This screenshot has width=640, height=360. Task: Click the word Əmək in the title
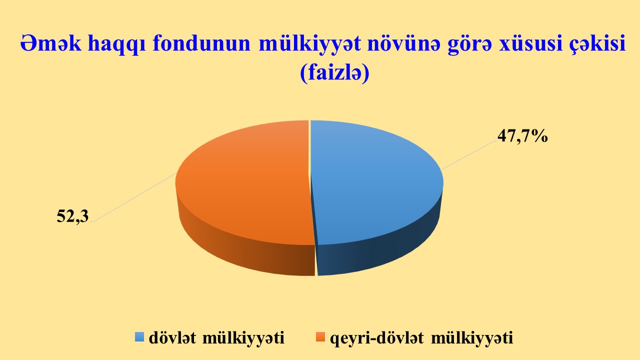[50, 43]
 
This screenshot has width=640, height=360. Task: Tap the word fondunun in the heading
[201, 43]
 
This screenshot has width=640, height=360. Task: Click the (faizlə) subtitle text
[334, 73]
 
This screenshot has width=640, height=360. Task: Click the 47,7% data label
[522, 135]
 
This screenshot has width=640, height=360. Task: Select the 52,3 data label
[72, 216]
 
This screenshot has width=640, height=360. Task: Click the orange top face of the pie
[243, 183]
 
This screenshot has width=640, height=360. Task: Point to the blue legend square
[139, 337]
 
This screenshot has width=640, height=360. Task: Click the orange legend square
[320, 337]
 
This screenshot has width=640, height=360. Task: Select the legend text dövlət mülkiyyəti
[217, 338]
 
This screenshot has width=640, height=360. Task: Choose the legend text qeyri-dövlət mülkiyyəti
[421, 338]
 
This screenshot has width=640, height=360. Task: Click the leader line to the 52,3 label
[135, 197]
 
